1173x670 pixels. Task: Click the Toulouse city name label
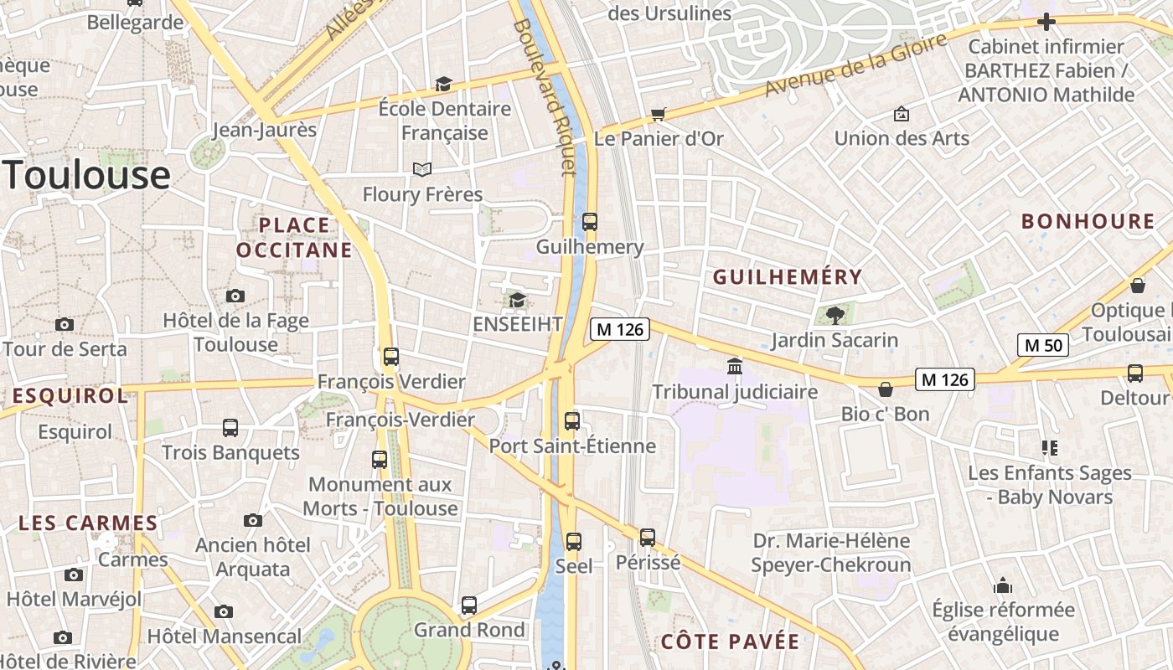pos(87,175)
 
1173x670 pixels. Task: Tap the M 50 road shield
pos(1043,344)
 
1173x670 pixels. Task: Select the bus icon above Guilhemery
pos(590,222)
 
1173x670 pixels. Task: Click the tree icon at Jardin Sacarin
pos(835,315)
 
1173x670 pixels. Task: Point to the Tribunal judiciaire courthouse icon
pos(735,367)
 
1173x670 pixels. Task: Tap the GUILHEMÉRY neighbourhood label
pos(787,277)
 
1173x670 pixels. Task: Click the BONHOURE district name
pos(1088,222)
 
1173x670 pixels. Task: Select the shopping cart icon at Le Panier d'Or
pos(659,114)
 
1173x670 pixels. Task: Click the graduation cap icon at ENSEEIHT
pos(517,300)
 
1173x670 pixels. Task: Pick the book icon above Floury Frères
pos(422,170)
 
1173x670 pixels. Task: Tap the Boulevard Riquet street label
pos(545,96)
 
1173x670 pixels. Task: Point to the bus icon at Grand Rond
pos(469,605)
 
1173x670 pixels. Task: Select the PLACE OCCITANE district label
pos(294,237)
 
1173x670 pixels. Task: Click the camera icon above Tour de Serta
pos(65,324)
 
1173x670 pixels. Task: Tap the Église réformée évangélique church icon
pos(1003,585)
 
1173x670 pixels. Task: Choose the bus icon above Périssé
pos(648,538)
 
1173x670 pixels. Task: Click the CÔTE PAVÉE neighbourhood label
pos(730,642)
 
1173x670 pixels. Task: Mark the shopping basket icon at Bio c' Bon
pos(885,389)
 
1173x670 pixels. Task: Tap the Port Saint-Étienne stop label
pos(572,446)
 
